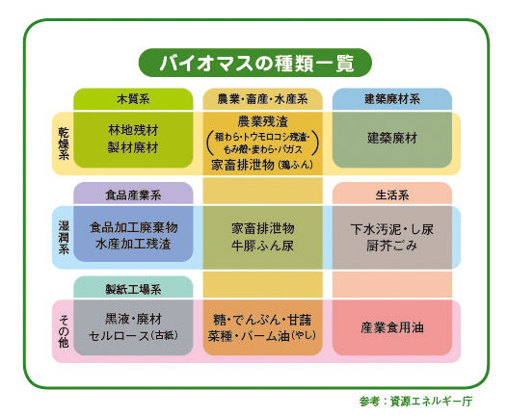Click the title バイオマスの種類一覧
point(255,63)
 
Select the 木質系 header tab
point(133,99)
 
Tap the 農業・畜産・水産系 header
point(262,99)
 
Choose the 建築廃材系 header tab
point(392,99)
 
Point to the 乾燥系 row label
point(64,143)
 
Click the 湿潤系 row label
point(64,238)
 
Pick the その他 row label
point(64,331)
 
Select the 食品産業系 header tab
point(133,195)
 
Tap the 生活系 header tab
point(392,195)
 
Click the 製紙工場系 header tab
point(133,289)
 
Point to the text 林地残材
point(133,131)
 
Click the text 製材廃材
point(133,148)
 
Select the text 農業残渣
point(262,121)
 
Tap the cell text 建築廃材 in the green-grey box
point(392,139)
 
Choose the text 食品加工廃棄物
point(134,227)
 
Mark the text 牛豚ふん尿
point(262,246)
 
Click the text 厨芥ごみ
point(392,246)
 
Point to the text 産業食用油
point(392,327)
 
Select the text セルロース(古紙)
point(134,336)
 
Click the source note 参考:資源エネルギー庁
point(415,402)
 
